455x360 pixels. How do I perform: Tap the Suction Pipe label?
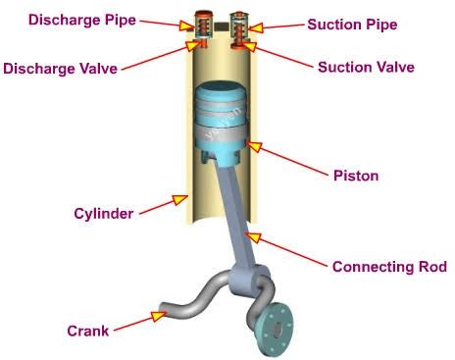352,25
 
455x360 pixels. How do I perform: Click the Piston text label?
356,177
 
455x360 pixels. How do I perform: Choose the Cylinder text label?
104,213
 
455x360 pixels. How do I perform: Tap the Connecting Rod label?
389,266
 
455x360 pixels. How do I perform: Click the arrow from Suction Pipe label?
279,26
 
